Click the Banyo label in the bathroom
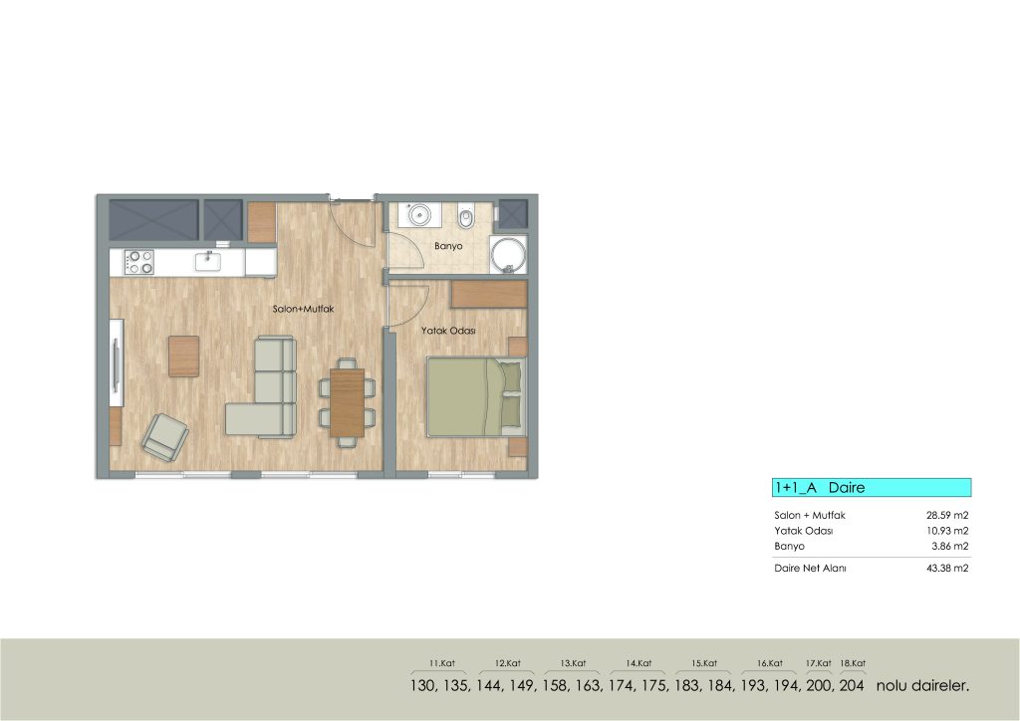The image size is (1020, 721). (x=448, y=246)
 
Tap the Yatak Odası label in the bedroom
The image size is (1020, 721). (x=448, y=331)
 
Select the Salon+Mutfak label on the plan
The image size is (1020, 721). (x=303, y=309)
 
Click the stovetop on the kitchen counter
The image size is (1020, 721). (x=139, y=262)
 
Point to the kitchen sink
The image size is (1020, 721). (x=208, y=261)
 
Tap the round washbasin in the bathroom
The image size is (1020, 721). (x=418, y=214)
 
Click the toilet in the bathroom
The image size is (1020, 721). (x=466, y=217)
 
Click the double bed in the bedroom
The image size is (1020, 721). (x=476, y=396)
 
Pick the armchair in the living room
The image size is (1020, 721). (x=165, y=437)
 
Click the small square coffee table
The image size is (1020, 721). (x=184, y=357)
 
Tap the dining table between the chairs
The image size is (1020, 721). (x=348, y=402)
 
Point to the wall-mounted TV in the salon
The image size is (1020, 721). (x=118, y=363)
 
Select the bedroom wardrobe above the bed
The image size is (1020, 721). (x=488, y=295)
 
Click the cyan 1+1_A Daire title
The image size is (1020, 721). (x=872, y=488)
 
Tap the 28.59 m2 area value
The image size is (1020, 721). (x=947, y=515)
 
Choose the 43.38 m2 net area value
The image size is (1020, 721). (x=947, y=568)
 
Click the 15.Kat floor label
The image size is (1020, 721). (x=704, y=663)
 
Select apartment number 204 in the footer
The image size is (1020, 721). (x=852, y=685)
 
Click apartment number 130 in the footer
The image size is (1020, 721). (x=422, y=685)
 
